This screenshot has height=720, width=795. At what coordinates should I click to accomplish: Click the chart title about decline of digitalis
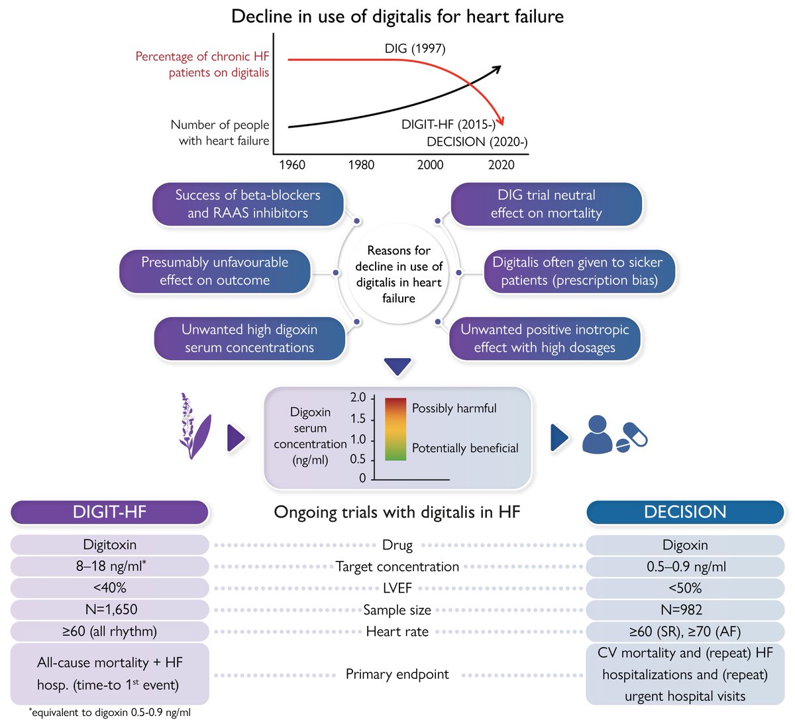397,16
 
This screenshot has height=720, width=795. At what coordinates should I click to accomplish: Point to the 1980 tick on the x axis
361,165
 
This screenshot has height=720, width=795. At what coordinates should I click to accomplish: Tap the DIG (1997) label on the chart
415,48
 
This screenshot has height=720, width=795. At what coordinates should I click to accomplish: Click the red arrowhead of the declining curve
502,122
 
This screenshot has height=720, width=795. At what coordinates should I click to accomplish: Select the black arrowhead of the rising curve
496,68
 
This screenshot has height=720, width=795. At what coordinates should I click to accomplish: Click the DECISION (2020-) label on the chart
477,142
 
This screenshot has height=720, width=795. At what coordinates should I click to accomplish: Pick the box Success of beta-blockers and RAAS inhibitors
248,204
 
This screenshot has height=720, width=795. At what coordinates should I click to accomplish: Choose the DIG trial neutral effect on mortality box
546,204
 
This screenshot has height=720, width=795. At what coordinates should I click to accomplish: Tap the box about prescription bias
578,271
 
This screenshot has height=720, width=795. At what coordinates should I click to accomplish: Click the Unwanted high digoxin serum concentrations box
249,338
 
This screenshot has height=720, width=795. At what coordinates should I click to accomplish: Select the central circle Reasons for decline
398,274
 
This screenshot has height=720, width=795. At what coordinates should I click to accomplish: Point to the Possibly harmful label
454,408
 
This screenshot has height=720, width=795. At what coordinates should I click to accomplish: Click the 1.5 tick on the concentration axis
358,418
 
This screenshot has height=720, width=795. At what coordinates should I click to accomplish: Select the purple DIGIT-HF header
109,512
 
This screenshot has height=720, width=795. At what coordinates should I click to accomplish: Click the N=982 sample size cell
685,609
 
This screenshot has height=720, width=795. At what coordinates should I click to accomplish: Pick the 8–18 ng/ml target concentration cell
109,566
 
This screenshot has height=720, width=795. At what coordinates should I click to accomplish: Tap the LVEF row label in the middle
397,588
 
